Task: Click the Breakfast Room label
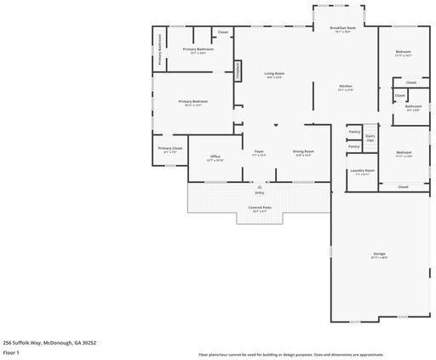pyautogui.click(x=342, y=28)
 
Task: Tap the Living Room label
pyautogui.click(x=274, y=74)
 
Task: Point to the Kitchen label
pyautogui.click(x=346, y=87)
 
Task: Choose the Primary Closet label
pyautogui.click(x=170, y=149)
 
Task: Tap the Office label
pyautogui.click(x=216, y=157)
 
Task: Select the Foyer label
pyautogui.click(x=259, y=152)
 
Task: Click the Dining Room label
pyautogui.click(x=303, y=152)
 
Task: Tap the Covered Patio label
pyautogui.click(x=260, y=208)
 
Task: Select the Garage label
pyautogui.click(x=379, y=254)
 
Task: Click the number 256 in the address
pyautogui.click(x=9, y=342)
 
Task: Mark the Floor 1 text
pyautogui.click(x=11, y=351)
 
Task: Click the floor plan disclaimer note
pyautogui.click(x=290, y=354)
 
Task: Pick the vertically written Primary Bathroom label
pyautogui.click(x=159, y=49)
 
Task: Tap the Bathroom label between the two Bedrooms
pyautogui.click(x=413, y=106)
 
